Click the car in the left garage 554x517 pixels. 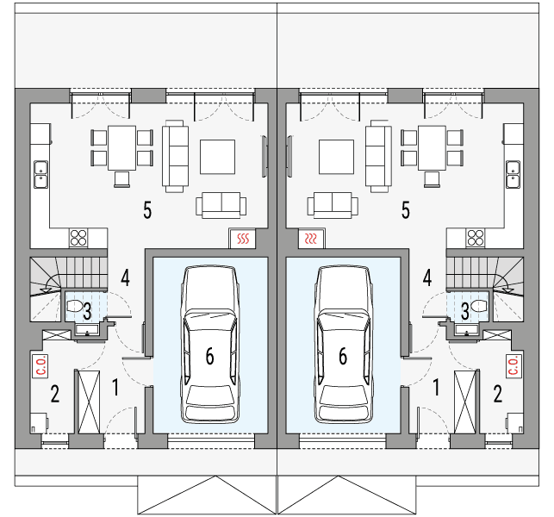pyautogui.click(x=209, y=345)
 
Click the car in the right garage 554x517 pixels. pyautogui.click(x=344, y=345)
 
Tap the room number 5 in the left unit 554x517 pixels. pyautogui.click(x=148, y=209)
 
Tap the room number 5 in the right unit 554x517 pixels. pyautogui.click(x=405, y=209)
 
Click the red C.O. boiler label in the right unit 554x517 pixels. pyautogui.click(x=513, y=366)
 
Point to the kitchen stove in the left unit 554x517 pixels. pyautogui.click(x=80, y=238)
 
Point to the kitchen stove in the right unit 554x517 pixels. pyautogui.click(x=474, y=238)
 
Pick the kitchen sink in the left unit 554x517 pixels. pyautogui.click(x=40, y=174)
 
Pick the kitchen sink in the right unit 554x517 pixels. pyautogui.click(x=514, y=174)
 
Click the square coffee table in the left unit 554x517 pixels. pyautogui.click(x=217, y=157)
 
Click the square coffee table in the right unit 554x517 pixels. pyautogui.click(x=336, y=157)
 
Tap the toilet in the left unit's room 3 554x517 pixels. pyautogui.click(x=74, y=306)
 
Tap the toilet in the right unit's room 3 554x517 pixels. pyautogui.click(x=479, y=306)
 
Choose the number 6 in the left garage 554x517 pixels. pyautogui.click(x=209, y=355)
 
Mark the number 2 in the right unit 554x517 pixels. pyautogui.click(x=497, y=395)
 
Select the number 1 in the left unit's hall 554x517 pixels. pyautogui.click(x=116, y=387)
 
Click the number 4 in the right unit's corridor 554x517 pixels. pyautogui.click(x=427, y=277)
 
